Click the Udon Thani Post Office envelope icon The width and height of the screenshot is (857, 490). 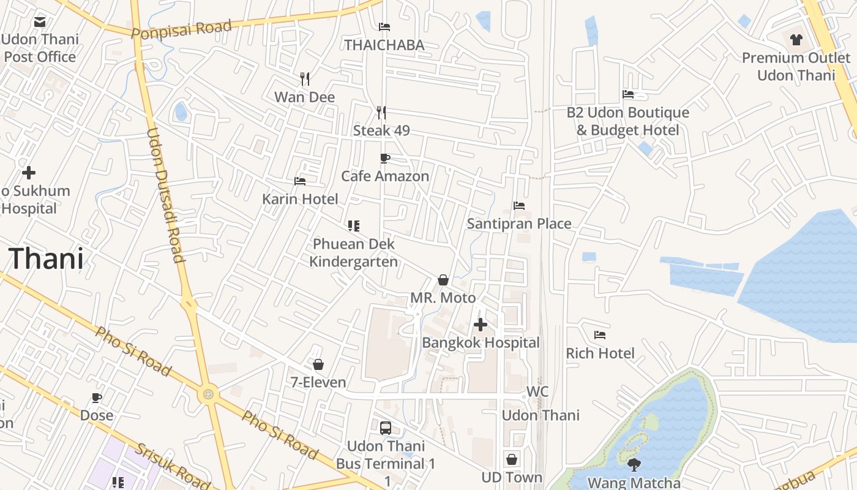click(x=40, y=22)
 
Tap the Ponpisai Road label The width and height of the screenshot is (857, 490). click(x=181, y=29)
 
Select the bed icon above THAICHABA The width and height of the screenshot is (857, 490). click(x=384, y=26)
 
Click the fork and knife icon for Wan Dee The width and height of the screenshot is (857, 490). click(x=305, y=78)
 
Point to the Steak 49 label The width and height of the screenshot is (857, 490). click(x=381, y=130)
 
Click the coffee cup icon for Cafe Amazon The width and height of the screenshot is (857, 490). click(x=385, y=159)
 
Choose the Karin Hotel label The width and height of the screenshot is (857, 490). click(x=300, y=199)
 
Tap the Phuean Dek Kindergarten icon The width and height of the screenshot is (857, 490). click(x=353, y=226)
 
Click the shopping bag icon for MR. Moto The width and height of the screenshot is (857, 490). click(x=443, y=280)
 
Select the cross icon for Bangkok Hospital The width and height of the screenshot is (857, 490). click(x=481, y=325)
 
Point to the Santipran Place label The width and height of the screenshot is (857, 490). click(x=519, y=224)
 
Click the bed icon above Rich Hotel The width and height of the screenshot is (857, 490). click(x=600, y=335)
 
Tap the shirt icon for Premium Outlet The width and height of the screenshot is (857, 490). click(x=796, y=40)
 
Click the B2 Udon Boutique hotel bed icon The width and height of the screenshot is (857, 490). click(x=628, y=94)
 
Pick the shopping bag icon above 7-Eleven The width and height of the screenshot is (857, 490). click(x=318, y=364)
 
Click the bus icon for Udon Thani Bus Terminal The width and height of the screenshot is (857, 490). click(x=386, y=428)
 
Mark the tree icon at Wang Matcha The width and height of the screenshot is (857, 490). click(x=634, y=465)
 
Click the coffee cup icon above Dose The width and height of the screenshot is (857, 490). click(x=97, y=398)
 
